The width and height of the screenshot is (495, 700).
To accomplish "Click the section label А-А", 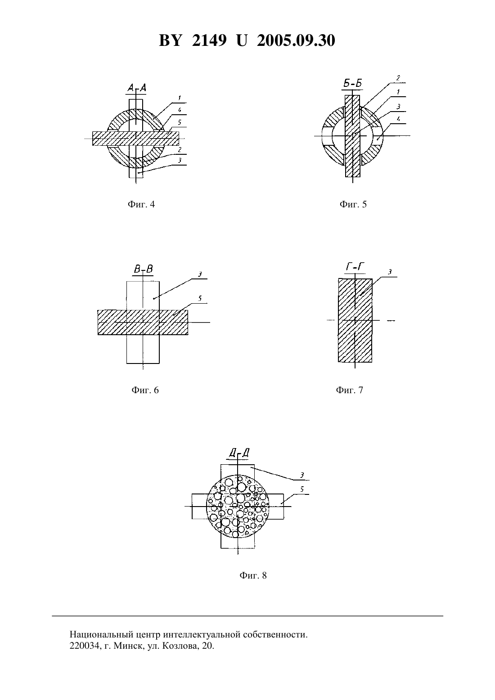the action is tap(136, 88).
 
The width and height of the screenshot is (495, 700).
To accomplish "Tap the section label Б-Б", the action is tap(352, 83).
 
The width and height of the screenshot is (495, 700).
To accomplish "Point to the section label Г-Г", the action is tap(355, 267).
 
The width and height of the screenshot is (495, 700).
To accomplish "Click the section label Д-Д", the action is tap(239, 453).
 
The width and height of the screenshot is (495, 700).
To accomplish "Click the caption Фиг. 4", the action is tap(141, 204).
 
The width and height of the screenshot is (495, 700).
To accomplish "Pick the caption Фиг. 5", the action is tap(353, 204).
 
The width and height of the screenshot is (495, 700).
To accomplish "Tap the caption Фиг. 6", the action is tap(145, 390).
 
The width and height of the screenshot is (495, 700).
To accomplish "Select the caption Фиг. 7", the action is tap(349, 390).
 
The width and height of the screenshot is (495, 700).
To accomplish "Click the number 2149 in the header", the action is tap(209, 40).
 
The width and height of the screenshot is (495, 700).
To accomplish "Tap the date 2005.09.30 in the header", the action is tap(296, 40).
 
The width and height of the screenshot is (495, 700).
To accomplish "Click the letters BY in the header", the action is tap(170, 40).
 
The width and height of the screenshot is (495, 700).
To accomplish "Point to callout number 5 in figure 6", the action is tap(200, 298).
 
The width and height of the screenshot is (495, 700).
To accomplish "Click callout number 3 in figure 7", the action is tap(390, 272).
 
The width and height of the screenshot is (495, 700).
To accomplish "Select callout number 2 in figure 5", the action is tap(398, 78).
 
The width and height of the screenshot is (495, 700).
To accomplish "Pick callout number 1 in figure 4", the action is tap(180, 98).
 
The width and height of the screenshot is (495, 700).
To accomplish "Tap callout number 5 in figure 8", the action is tap(302, 489).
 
